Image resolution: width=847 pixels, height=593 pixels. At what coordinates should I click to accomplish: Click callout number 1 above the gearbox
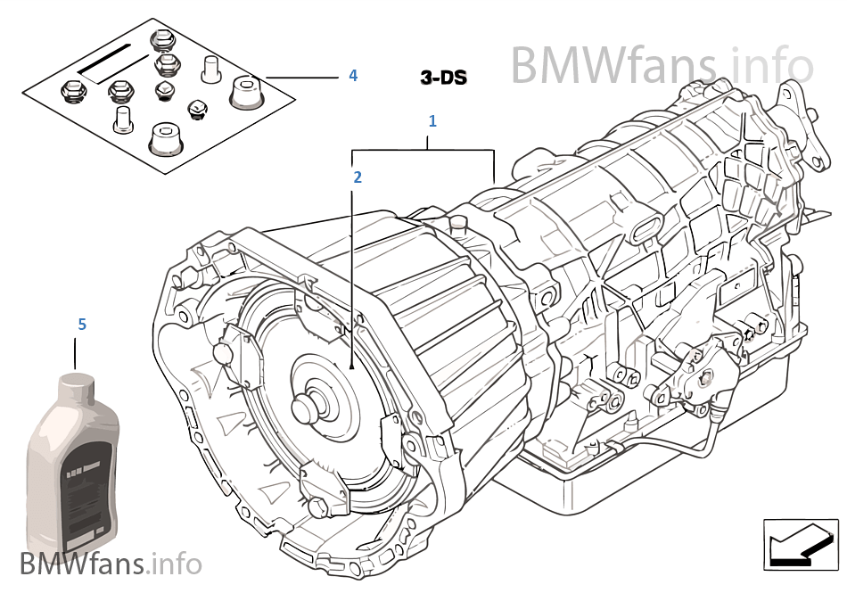point(432,120)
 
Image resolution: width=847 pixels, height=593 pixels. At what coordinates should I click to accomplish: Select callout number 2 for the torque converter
point(358,177)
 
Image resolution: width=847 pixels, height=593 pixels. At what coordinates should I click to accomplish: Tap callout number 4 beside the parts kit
point(353,76)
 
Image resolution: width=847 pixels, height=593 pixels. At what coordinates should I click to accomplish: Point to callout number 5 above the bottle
point(82,325)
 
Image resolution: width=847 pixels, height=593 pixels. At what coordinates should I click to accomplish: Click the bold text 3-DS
point(444,78)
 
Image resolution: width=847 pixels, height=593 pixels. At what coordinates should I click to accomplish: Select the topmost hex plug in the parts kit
point(162,40)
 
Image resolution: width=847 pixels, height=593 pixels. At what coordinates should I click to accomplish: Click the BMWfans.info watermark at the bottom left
point(111,564)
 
